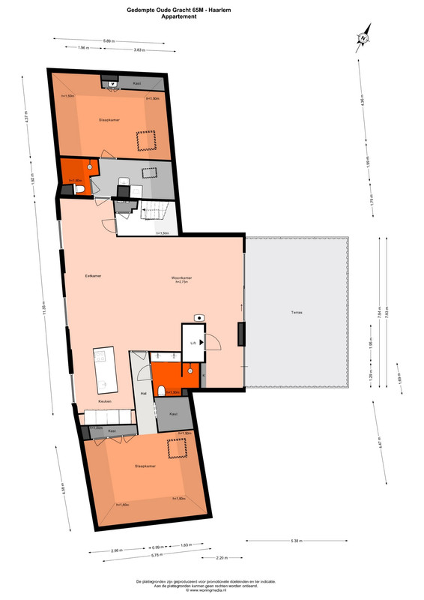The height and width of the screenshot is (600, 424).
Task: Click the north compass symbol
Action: click(x=363, y=37)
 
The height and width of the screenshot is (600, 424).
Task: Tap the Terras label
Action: click(x=297, y=312)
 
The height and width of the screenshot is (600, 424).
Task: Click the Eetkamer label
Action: click(x=93, y=276)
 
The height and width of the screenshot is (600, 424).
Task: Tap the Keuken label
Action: click(x=104, y=401)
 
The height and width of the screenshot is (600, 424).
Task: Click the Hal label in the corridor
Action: click(x=142, y=393)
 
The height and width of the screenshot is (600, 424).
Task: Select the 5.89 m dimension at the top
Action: click(x=109, y=40)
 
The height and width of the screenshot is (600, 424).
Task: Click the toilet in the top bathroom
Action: click(x=79, y=192)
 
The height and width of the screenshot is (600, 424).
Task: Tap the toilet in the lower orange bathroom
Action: click(x=163, y=388)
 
